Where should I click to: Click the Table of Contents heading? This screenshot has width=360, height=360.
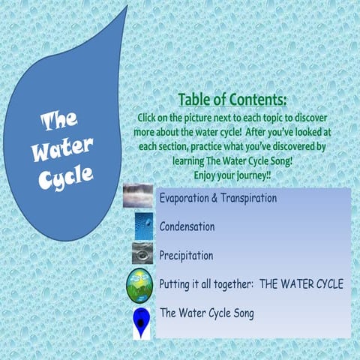tap(232, 100)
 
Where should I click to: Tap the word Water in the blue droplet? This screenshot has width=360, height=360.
tap(62, 147)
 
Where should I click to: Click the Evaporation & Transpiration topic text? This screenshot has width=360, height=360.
tap(218, 199)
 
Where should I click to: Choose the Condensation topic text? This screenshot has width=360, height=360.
tap(187, 226)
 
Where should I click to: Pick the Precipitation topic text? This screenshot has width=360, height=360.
tap(186, 255)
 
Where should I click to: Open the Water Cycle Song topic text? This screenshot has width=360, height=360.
tap(206, 313)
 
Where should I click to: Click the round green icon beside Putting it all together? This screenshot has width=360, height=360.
tap(141, 285)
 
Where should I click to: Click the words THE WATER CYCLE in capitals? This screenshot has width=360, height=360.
tap(303, 284)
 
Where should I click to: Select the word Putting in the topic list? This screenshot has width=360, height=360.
tap(178, 284)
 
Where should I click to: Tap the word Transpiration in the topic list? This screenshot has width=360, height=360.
tap(248, 199)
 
